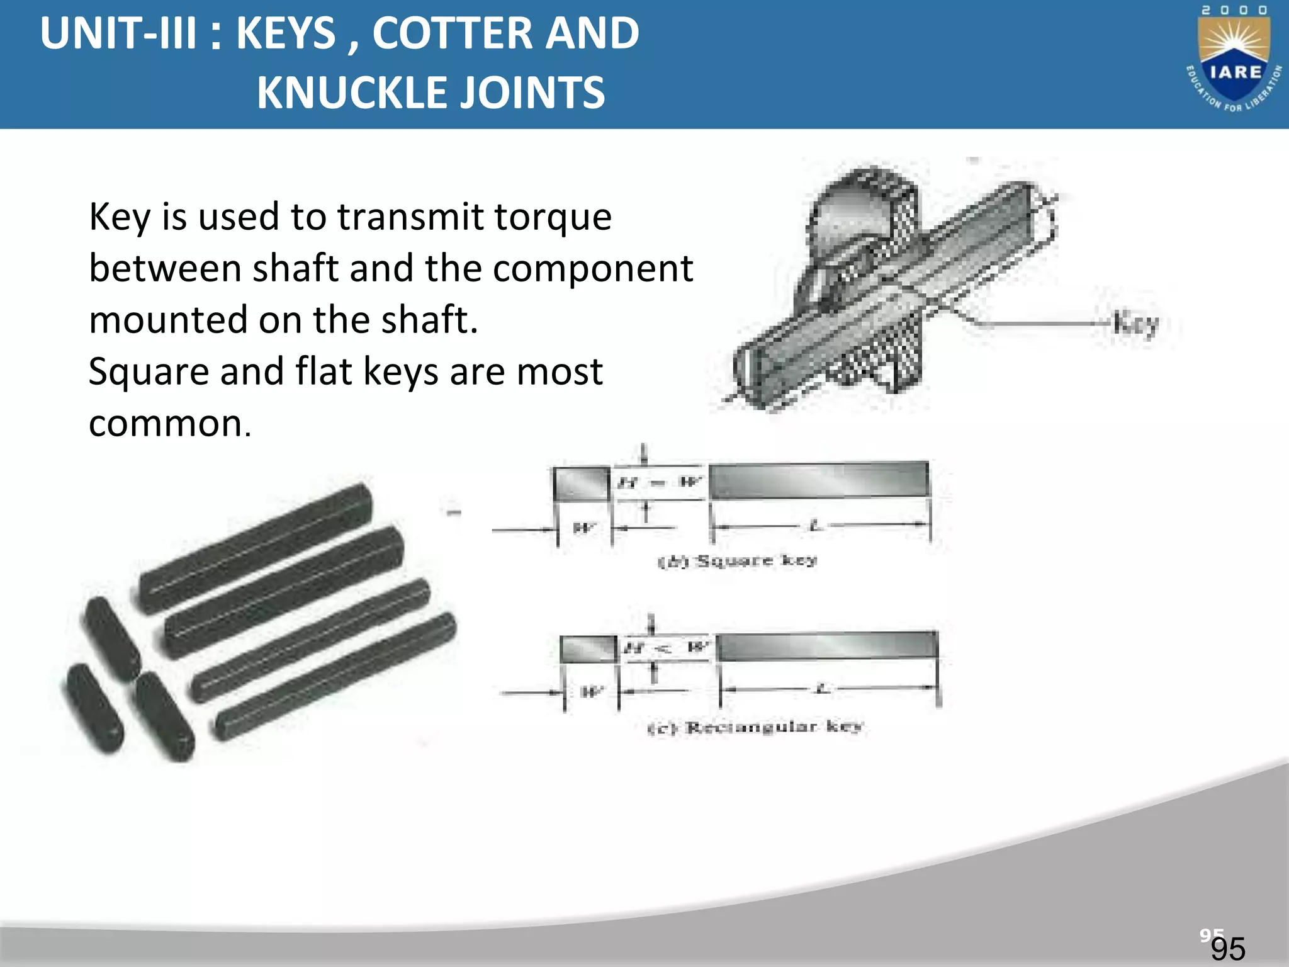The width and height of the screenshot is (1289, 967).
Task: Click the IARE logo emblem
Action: click(1234, 63)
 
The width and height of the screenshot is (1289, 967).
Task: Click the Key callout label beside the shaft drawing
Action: click(1135, 324)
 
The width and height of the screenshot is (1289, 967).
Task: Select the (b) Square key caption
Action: click(737, 560)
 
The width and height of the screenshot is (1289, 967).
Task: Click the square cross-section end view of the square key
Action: click(582, 484)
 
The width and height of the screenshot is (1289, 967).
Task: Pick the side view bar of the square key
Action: click(819, 481)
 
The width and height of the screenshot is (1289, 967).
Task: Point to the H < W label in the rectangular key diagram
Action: click(666, 647)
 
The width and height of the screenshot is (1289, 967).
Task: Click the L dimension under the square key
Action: click(816, 526)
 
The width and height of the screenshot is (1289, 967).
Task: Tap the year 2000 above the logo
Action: click(1234, 10)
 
